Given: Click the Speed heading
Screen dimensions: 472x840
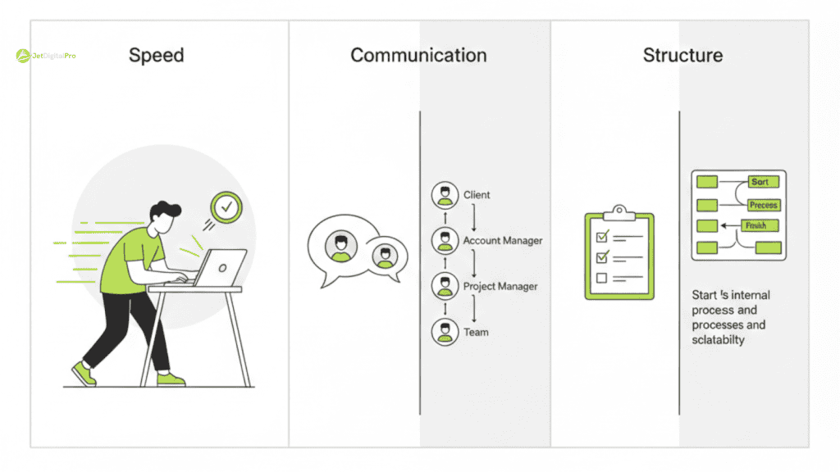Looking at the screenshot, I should tap(156, 56).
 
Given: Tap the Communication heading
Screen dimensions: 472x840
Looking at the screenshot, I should tap(418, 56).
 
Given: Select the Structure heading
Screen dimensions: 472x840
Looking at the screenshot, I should tap(682, 56).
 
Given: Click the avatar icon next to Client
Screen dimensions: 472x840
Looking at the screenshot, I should tap(445, 195).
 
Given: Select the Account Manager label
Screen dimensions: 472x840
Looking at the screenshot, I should tap(502, 241).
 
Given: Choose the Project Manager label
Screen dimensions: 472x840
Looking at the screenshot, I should tap(500, 287).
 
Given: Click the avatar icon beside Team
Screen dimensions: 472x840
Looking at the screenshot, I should tap(445, 332).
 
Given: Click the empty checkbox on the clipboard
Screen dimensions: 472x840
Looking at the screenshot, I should tap(601, 278).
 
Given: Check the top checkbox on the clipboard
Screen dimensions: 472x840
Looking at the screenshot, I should tap(601, 237).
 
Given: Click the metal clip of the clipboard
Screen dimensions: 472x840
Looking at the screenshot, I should tap(619, 212).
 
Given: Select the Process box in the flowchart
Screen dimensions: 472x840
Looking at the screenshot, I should tap(763, 205).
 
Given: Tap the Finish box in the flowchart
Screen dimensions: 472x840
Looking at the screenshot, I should tap(754, 225).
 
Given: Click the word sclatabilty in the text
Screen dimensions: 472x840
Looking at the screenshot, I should tap(718, 339).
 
